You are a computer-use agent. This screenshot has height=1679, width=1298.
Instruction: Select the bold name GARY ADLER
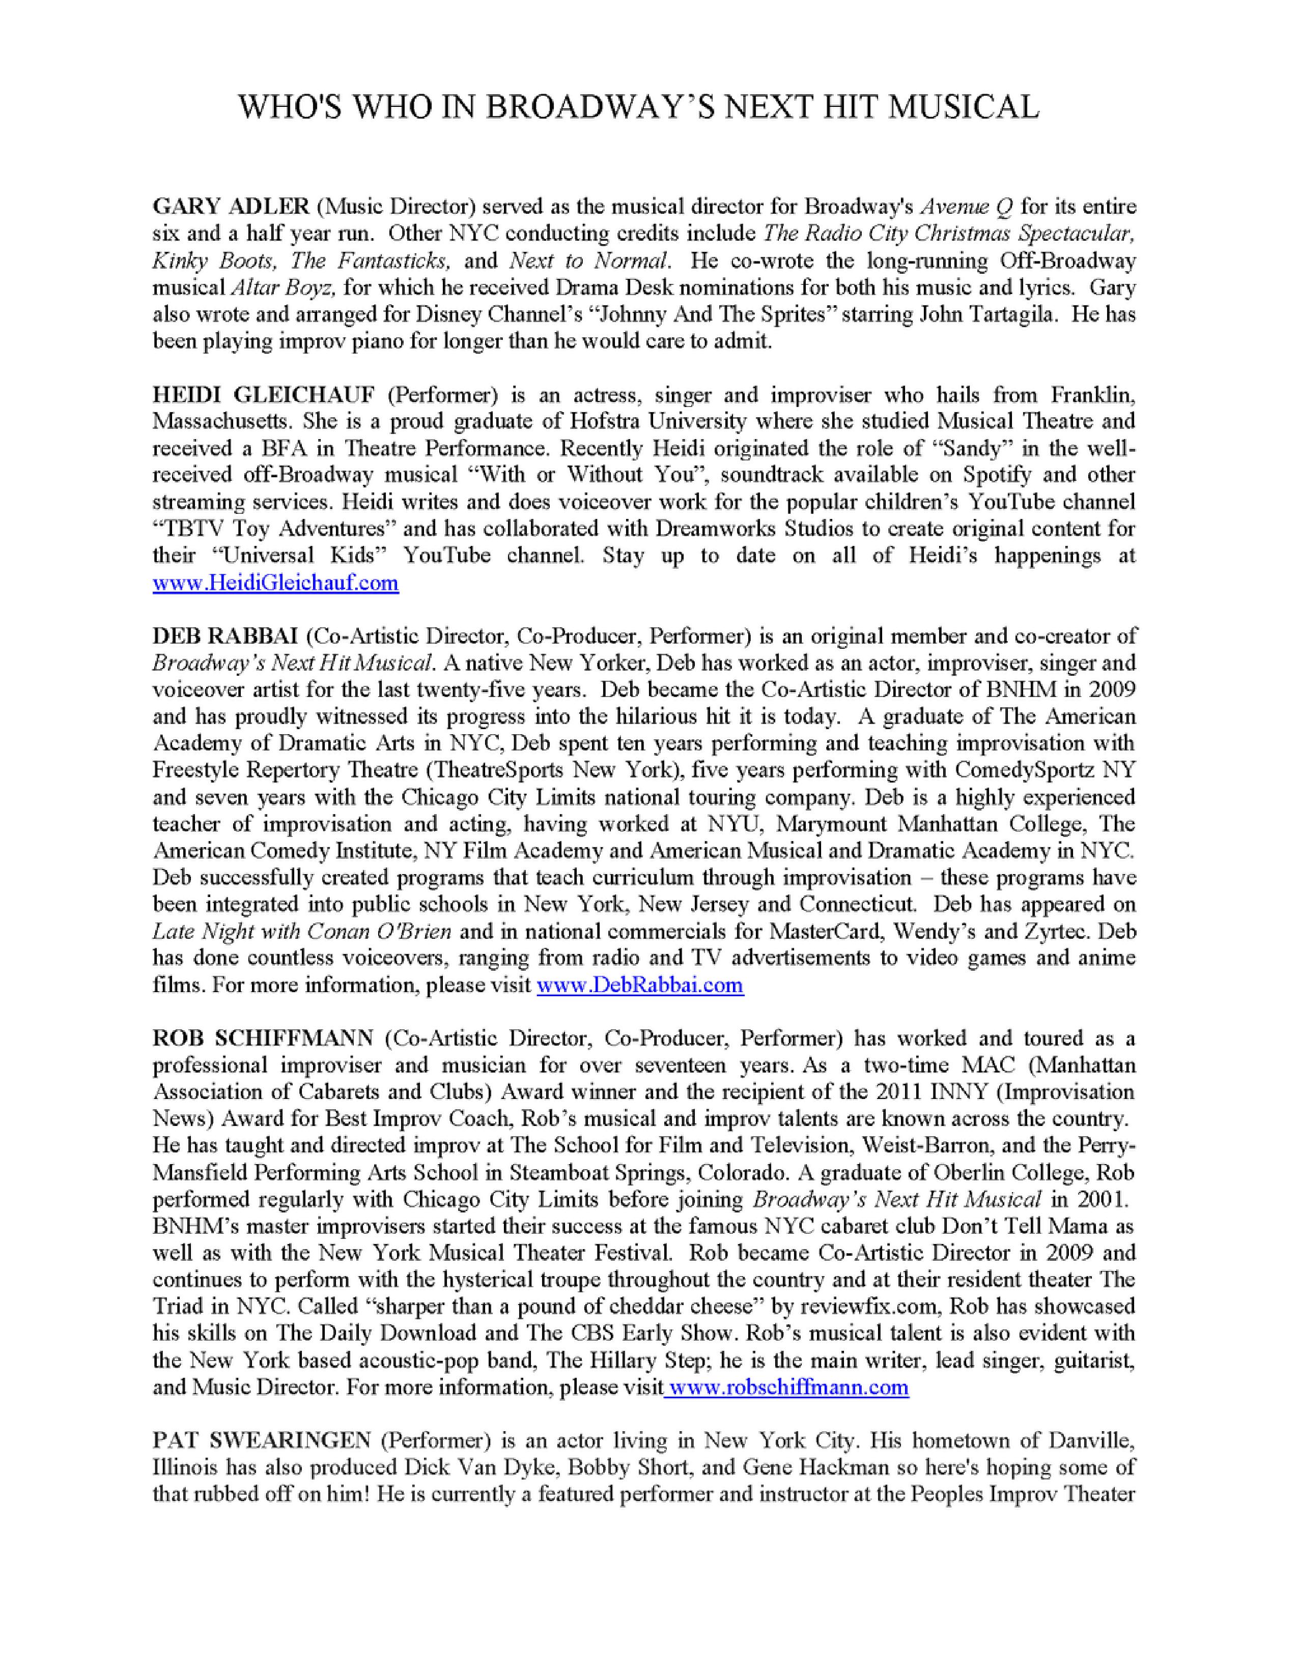[x=231, y=207]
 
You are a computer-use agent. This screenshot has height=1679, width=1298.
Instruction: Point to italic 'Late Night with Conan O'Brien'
[x=301, y=932]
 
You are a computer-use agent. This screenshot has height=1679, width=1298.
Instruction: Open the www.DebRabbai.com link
[x=640, y=986]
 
